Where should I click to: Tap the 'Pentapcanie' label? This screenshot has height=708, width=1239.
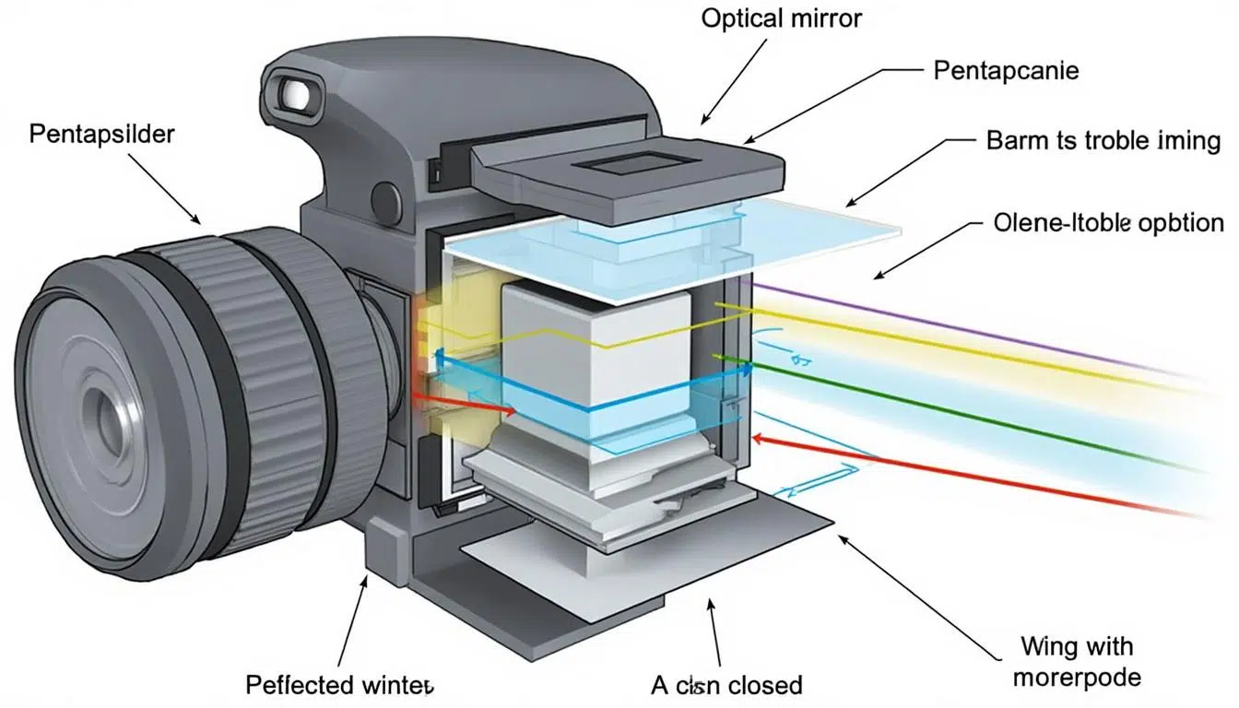[x=1006, y=70]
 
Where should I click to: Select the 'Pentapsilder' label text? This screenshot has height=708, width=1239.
[x=102, y=135]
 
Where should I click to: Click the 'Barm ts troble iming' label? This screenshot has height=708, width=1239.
[x=1103, y=141]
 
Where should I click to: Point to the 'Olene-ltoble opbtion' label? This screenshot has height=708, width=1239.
[x=1109, y=223]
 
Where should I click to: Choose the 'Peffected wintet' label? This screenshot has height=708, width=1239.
[x=339, y=684]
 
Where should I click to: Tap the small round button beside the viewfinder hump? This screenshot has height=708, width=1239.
[x=386, y=198]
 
